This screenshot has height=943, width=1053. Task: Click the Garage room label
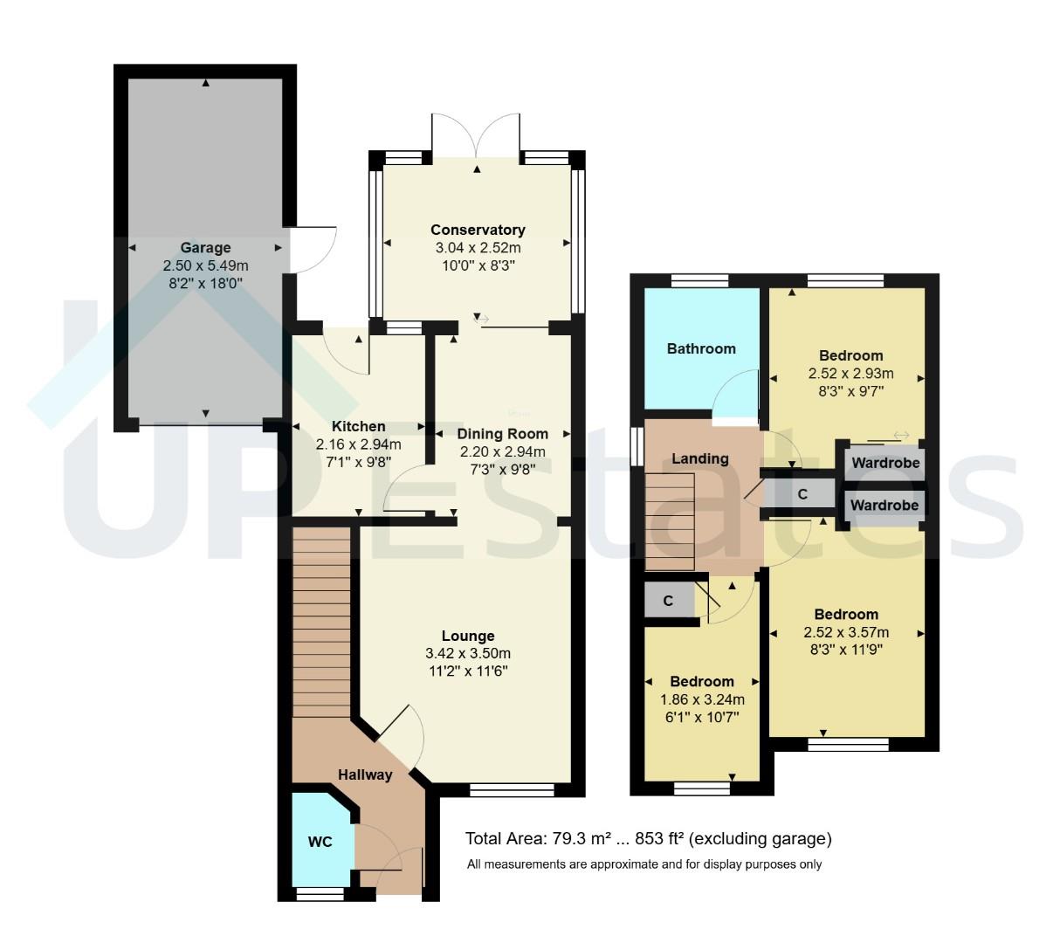click(x=206, y=248)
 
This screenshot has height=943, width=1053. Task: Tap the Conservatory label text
click(x=478, y=231)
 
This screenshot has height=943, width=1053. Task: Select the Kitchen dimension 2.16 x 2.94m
click(x=358, y=444)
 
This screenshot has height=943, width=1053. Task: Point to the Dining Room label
click(x=503, y=434)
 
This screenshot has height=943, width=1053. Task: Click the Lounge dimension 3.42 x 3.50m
click(x=468, y=653)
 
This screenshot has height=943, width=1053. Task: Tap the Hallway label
click(x=365, y=774)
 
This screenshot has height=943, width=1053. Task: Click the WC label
click(x=320, y=843)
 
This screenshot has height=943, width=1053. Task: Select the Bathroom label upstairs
click(x=701, y=349)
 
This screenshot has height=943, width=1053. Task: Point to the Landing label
click(x=700, y=459)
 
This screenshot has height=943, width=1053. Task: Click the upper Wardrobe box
click(x=885, y=463)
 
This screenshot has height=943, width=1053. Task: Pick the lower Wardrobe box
click(x=884, y=506)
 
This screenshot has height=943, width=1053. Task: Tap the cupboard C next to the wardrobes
click(x=802, y=494)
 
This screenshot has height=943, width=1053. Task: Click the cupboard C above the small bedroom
click(x=668, y=602)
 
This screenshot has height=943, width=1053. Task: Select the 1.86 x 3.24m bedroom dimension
click(x=702, y=699)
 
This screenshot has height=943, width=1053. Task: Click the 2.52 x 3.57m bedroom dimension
click(x=846, y=633)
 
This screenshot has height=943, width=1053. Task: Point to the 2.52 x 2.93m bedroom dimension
click(x=851, y=374)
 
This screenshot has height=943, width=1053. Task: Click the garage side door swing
click(x=313, y=250)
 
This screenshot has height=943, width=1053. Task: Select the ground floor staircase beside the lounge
click(x=320, y=620)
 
